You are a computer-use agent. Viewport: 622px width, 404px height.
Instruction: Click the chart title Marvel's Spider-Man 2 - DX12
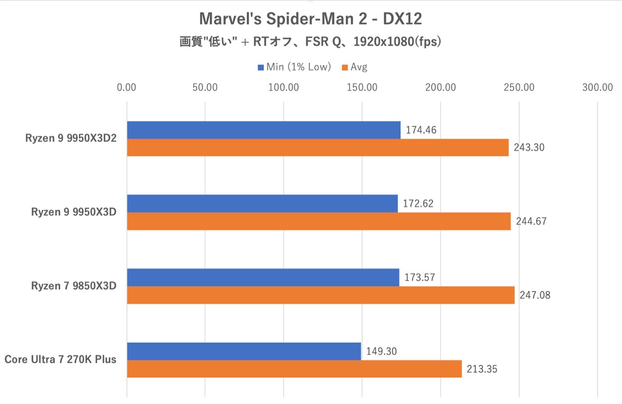point(310,19)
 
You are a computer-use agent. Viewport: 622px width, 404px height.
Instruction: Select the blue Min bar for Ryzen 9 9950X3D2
point(263,130)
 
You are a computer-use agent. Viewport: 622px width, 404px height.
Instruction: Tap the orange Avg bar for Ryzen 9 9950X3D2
point(318,148)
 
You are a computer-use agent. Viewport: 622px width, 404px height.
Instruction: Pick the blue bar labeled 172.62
point(262,204)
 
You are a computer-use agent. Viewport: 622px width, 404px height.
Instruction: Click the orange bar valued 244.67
point(319,221)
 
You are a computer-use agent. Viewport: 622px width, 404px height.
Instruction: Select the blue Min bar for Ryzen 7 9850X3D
point(263,277)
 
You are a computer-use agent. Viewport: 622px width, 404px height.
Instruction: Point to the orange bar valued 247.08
point(321,295)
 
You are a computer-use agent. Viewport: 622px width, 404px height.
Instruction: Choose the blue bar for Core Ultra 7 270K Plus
point(244,351)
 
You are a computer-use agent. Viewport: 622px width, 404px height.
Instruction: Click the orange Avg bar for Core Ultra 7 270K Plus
point(294,369)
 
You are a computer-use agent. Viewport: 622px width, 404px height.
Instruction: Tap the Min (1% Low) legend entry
point(295,67)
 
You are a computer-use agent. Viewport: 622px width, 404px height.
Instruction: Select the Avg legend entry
point(355,67)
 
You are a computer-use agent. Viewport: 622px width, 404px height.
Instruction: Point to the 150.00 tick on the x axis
point(362,87)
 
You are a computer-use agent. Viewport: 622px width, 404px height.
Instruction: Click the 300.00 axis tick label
point(597,87)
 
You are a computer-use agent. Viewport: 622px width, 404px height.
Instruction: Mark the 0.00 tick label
point(127,87)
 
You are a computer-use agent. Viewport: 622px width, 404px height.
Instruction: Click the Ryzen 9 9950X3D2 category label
point(71,138)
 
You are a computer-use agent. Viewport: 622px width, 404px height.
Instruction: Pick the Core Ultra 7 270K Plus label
point(60,359)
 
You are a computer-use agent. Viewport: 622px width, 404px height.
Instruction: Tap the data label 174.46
point(421,130)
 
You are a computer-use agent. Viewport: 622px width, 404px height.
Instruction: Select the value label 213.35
point(481,369)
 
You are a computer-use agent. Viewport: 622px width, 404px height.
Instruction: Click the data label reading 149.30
point(381,351)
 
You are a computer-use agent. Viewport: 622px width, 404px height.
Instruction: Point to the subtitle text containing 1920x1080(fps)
point(310,42)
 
